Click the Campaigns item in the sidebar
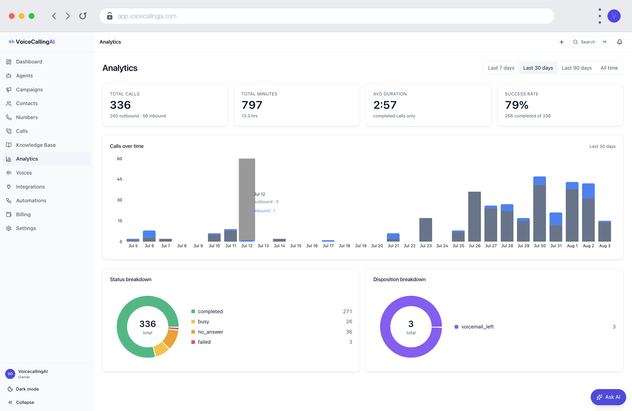[29, 89]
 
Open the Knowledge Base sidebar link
[36, 145]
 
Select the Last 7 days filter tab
[501, 68]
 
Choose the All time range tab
[609, 68]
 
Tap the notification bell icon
[620, 42]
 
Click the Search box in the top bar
[590, 42]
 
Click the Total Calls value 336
[120, 105]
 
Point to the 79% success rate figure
[517, 105]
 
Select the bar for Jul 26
[474, 216]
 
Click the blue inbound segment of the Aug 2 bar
[588, 191]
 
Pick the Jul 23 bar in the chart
[425, 230]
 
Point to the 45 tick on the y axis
[120, 179]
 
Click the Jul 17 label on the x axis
[328, 246]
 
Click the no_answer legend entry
[210, 332]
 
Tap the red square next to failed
[193, 342]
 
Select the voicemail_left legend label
[477, 327]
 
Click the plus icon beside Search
[561, 42]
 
